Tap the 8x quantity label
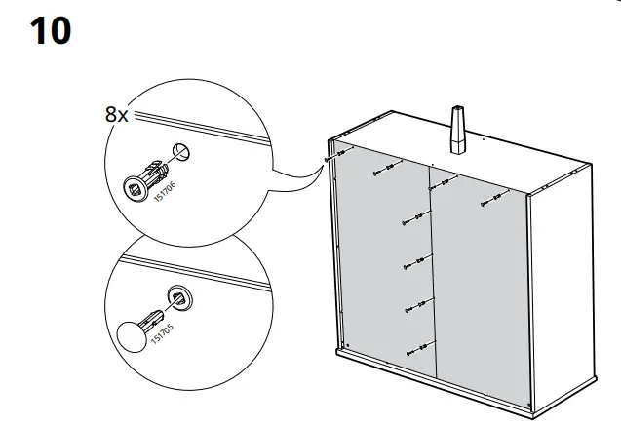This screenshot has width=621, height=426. [116, 114]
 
